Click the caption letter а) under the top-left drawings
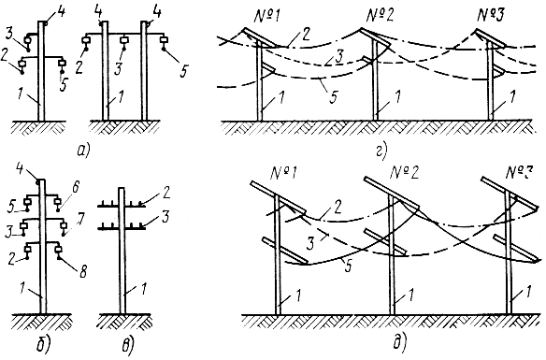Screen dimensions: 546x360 83,151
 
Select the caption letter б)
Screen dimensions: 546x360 44,344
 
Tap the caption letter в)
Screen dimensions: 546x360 127,345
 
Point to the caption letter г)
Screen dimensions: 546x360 381,151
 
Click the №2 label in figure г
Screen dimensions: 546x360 380,16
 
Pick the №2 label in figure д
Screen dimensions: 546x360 405,172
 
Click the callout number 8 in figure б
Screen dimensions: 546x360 83,272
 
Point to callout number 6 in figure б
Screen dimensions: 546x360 76,187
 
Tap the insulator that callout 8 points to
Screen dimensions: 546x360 59,250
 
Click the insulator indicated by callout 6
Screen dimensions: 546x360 57,203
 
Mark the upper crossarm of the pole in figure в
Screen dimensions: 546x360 122,206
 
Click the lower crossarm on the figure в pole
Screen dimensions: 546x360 122,229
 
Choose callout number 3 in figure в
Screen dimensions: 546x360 165,218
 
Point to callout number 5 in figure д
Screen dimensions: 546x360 348,266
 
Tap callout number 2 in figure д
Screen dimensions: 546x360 337,208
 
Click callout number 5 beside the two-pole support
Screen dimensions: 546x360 183,71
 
